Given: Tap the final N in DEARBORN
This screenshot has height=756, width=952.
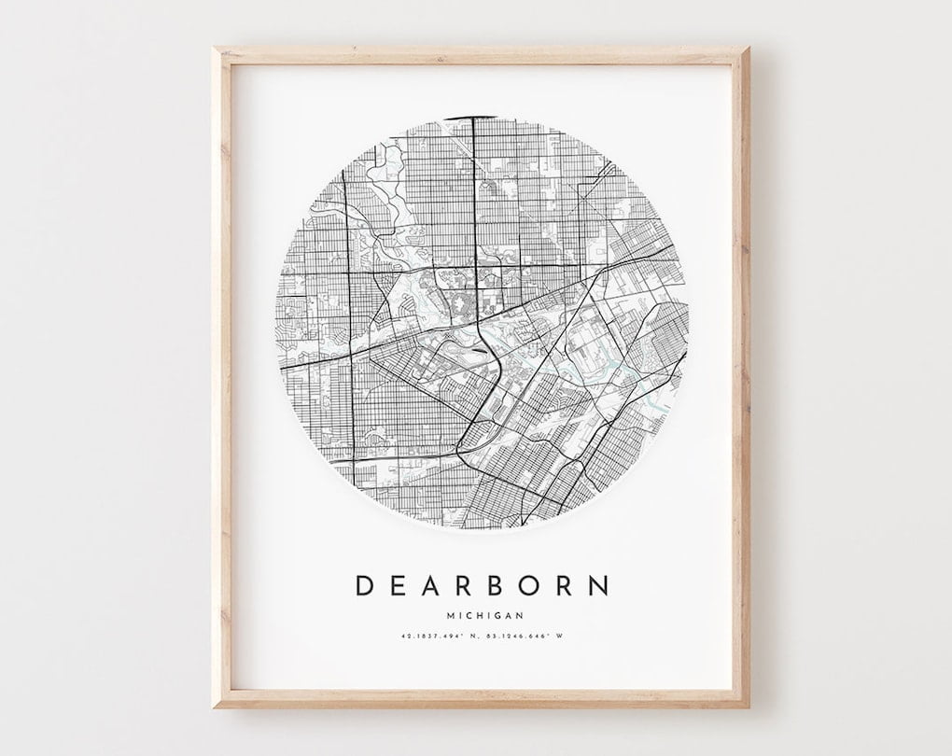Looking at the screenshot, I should point(598,586).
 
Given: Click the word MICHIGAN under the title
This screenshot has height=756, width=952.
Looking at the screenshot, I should point(483,615).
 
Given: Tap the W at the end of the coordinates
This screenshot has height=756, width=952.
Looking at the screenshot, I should point(562,637).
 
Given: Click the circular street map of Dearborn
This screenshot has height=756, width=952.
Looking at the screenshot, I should point(483,322).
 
